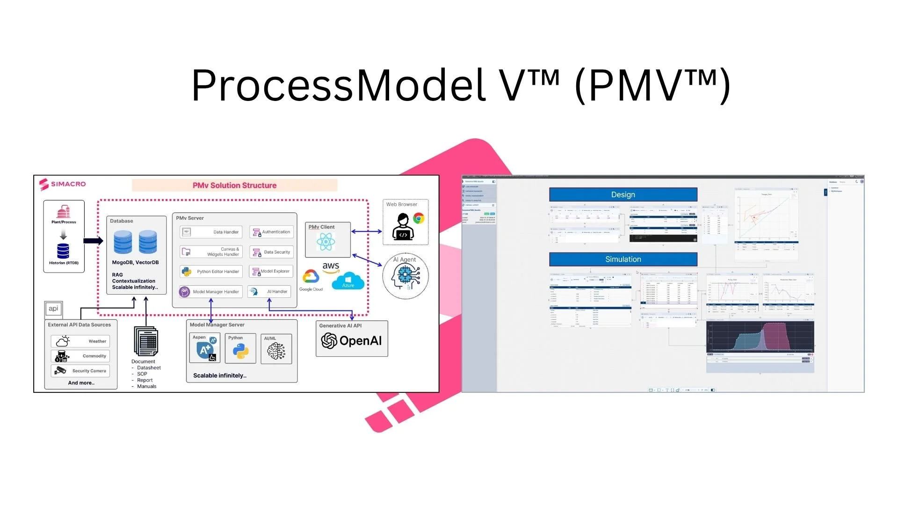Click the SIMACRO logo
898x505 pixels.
63,184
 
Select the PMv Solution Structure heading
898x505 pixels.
234,185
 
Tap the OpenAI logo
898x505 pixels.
351,341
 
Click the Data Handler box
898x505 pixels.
211,232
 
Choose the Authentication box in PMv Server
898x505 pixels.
271,232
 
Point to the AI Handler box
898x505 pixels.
269,292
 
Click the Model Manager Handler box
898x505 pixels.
210,292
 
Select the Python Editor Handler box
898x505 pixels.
211,272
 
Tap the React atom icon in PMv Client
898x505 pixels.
326,242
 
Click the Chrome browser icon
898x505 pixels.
419,218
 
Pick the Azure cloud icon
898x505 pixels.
348,282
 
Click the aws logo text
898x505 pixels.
331,267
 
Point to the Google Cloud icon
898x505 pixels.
311,277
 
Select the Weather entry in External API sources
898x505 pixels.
80,341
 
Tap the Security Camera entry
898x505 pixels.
80,371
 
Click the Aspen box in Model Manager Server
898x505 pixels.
205,348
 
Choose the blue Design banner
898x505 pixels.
623,195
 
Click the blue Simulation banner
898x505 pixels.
623,259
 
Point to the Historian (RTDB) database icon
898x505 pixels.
63,251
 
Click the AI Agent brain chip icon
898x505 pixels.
405,276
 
